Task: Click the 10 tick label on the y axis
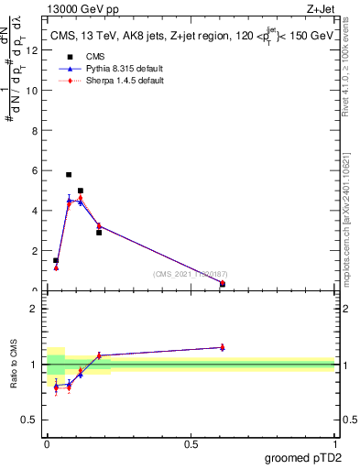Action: click(x=35, y=91)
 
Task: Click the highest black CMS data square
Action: click(x=69, y=174)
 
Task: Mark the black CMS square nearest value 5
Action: click(x=81, y=191)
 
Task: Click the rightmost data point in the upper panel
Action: click(x=223, y=284)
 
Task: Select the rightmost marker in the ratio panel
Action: click(x=223, y=347)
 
